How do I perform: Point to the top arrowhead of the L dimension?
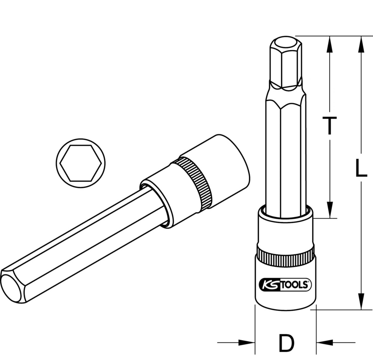(361, 43)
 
